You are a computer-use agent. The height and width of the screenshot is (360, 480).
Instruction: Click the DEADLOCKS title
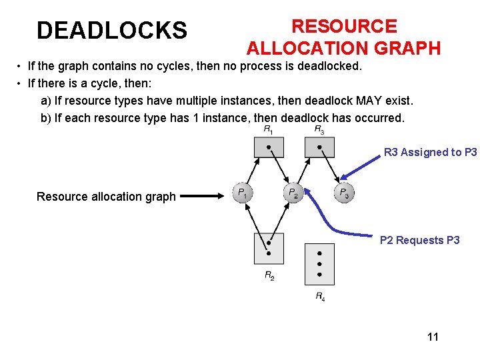pyautogui.click(x=112, y=30)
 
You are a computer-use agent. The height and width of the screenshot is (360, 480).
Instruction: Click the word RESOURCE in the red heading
pyautogui.click(x=344, y=26)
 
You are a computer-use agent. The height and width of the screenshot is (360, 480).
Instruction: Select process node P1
pyautogui.click(x=242, y=193)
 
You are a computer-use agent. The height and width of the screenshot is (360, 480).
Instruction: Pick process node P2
pyautogui.click(x=293, y=193)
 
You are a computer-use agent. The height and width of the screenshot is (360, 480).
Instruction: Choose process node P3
pyautogui.click(x=343, y=193)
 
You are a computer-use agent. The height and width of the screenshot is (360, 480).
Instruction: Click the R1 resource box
pyautogui.click(x=268, y=147)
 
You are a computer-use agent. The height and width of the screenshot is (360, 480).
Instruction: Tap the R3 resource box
pyautogui.click(x=319, y=147)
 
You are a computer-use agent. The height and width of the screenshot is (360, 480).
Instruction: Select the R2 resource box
pyautogui.click(x=269, y=248)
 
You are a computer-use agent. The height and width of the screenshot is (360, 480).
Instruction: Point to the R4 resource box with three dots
pyautogui.click(x=319, y=264)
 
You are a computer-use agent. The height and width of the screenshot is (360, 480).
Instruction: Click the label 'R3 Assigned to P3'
pyautogui.click(x=430, y=152)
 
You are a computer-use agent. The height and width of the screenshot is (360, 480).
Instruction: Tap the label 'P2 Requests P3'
pyautogui.click(x=419, y=240)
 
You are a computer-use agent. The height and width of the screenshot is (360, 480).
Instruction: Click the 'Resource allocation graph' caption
pyautogui.click(x=106, y=197)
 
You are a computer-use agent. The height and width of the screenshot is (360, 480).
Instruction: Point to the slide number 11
pyautogui.click(x=433, y=337)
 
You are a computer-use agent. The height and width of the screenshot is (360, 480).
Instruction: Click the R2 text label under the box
pyautogui.click(x=269, y=275)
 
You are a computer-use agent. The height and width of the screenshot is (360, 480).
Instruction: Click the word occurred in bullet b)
pyautogui.click(x=379, y=118)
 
